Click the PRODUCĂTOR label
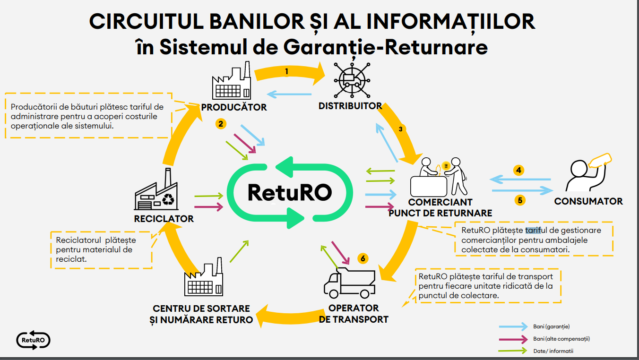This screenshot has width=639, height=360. pyautogui.click(x=233, y=107)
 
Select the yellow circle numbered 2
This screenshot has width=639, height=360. pyautogui.click(x=221, y=124)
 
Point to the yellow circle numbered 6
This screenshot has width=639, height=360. pyautogui.click(x=362, y=258)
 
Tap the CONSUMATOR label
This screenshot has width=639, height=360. pyautogui.click(x=588, y=201)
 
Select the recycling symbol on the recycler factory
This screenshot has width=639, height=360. pyautogui.click(x=168, y=200)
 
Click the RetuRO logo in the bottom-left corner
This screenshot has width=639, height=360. pyautogui.click(x=33, y=340)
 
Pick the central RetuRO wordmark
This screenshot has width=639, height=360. pyautogui.click(x=289, y=192)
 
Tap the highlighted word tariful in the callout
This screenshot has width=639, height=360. pyautogui.click(x=533, y=231)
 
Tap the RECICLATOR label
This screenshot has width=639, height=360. pyautogui.click(x=164, y=219)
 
